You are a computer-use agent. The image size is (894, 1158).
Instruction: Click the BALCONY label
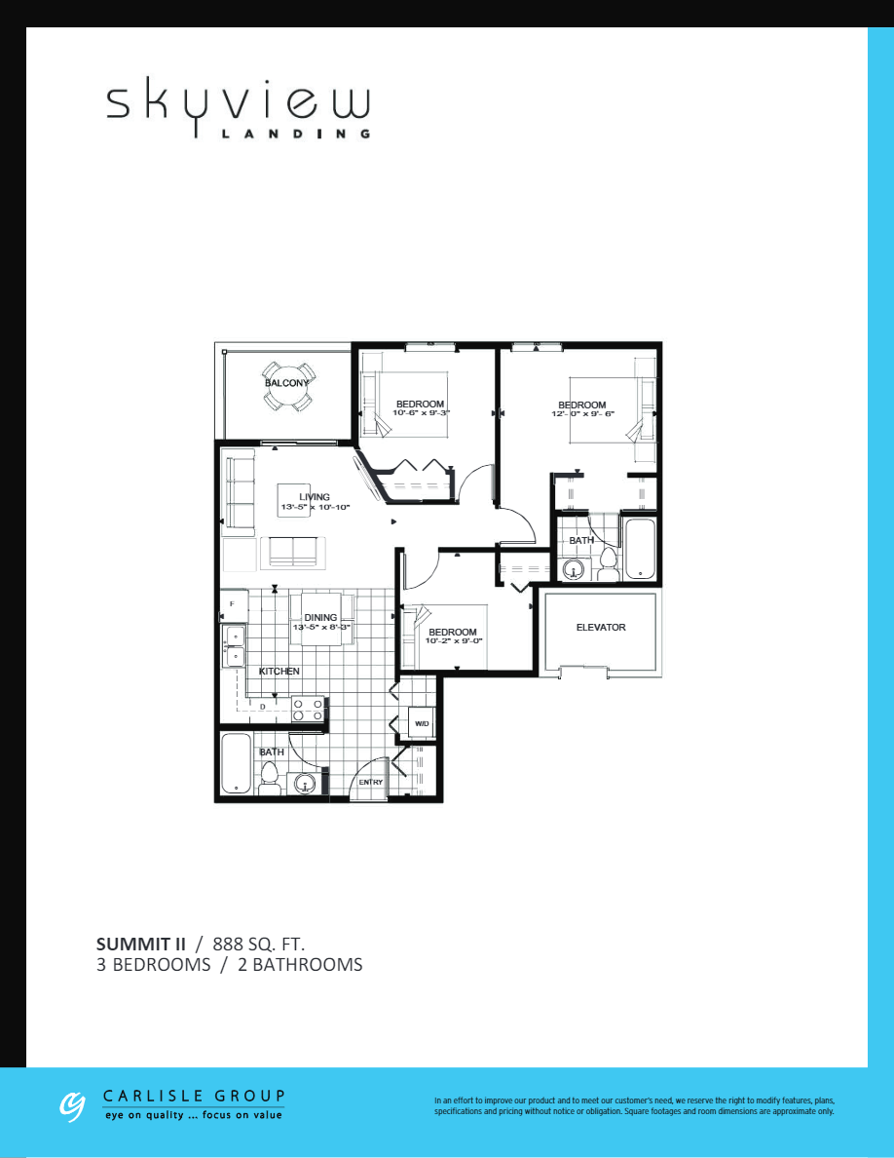(286, 383)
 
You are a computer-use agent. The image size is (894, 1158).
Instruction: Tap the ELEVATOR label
(601, 628)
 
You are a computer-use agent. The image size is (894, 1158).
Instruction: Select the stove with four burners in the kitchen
(309, 709)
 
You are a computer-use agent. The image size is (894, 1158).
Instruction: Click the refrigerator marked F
(233, 605)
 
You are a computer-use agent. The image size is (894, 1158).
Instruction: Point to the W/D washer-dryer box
(422, 723)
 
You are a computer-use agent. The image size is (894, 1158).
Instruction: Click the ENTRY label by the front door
(370, 783)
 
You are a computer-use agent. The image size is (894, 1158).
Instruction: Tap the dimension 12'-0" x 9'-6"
(581, 414)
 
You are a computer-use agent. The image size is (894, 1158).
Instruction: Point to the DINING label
(320, 617)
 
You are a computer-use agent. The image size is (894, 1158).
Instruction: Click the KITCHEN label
(279, 672)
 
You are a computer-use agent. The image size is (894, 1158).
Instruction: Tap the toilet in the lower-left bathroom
(270, 778)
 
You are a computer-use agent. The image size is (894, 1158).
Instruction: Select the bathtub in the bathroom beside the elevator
(640, 551)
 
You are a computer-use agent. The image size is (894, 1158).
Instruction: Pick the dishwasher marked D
(263, 707)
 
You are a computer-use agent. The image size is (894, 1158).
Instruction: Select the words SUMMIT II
(141, 944)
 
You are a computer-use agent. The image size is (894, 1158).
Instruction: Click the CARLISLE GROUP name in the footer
(194, 1096)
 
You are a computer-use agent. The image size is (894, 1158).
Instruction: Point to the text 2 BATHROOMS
(300, 965)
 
